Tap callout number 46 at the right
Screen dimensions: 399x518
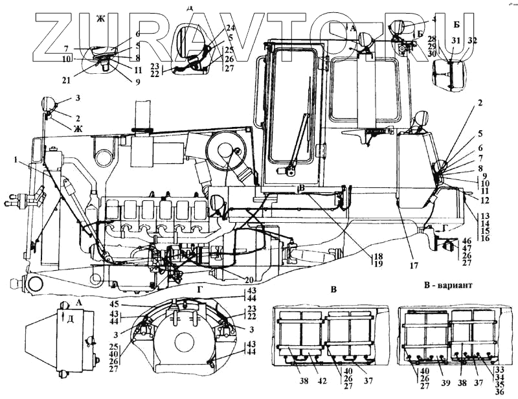tap(467, 240)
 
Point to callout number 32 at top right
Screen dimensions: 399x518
tap(473, 40)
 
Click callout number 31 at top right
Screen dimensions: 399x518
tap(456, 40)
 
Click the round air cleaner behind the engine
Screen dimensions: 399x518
tap(227, 155)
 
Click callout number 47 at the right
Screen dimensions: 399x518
tap(467, 248)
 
